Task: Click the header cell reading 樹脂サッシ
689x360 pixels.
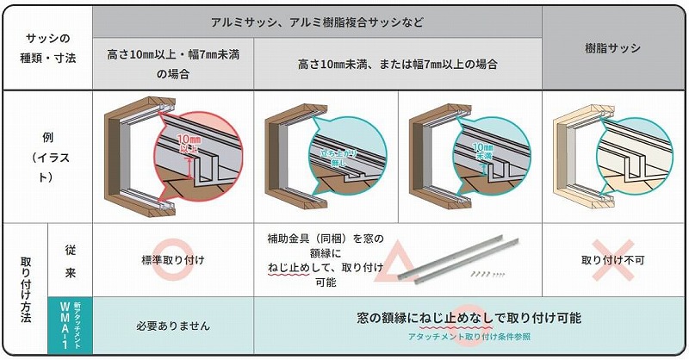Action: [x=612, y=48]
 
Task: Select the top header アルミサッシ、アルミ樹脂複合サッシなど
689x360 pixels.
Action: [x=317, y=22]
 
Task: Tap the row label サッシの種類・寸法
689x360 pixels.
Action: [x=48, y=47]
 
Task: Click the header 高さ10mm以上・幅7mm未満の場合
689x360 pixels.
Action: [x=173, y=64]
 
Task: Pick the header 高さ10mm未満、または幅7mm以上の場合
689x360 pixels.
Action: [x=398, y=65]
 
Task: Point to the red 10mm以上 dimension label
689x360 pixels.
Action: [x=189, y=144]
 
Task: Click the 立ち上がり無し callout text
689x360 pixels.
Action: [x=338, y=158]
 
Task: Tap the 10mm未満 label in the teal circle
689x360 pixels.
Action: [x=483, y=151]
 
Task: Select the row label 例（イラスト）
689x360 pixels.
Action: [x=48, y=157]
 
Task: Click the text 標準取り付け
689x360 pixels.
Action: [x=173, y=260]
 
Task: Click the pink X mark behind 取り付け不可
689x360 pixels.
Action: [x=613, y=260]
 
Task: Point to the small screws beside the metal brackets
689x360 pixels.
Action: [x=487, y=274]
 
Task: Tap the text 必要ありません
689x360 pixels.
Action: [x=173, y=326]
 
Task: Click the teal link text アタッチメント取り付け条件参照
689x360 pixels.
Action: [x=469, y=337]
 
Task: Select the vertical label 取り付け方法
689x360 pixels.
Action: [x=26, y=289]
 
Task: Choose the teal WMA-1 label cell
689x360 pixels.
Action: [x=71, y=326]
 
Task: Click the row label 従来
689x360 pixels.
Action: [x=71, y=261]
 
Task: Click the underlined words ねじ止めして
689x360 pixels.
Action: [x=289, y=268]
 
